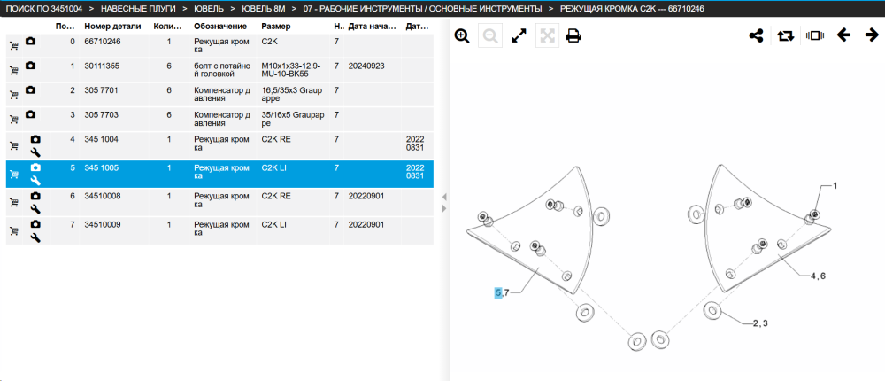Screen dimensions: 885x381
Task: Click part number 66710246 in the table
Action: tap(103, 42)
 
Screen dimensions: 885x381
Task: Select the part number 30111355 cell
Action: tap(103, 66)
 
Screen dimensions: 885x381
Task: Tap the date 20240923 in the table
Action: tap(366, 66)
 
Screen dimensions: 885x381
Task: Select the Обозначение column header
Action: tap(220, 27)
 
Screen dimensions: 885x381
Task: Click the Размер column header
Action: tap(276, 27)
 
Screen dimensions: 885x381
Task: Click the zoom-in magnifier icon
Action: tap(462, 36)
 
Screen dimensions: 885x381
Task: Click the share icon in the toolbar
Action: tap(756, 36)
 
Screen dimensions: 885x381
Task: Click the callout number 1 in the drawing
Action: tap(835, 185)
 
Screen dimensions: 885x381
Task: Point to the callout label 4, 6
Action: tap(818, 276)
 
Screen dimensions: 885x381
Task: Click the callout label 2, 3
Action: tap(760, 323)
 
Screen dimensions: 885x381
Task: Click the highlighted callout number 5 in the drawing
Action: tap(497, 292)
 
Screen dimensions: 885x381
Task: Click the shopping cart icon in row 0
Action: tap(14, 45)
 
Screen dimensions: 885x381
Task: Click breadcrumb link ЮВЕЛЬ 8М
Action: tap(264, 9)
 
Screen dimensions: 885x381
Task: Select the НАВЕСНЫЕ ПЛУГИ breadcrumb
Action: tap(138, 9)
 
